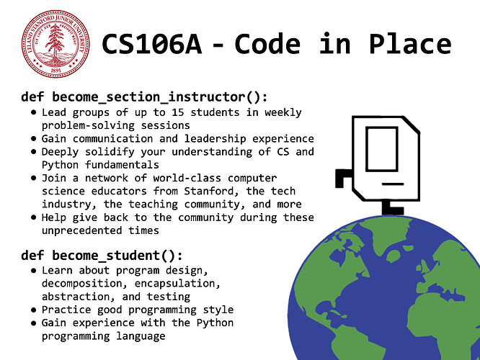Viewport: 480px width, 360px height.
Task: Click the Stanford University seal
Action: pos(55,44)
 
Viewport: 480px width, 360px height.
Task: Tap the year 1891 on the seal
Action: pos(55,71)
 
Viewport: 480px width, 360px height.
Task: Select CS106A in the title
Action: pos(152,45)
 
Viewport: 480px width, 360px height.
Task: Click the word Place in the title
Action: pos(410,44)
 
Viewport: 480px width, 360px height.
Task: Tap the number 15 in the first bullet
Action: pos(177,112)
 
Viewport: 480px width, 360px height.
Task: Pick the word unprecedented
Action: pos(81,230)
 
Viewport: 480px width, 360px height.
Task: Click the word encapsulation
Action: pos(177,284)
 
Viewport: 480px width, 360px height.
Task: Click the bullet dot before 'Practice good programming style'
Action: pos(34,310)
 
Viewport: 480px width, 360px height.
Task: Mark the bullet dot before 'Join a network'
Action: pos(34,179)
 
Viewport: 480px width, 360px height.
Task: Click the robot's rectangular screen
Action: pos(382,148)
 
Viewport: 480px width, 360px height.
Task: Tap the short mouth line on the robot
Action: pos(393,184)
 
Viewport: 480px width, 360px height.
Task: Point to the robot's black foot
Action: pos(393,209)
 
